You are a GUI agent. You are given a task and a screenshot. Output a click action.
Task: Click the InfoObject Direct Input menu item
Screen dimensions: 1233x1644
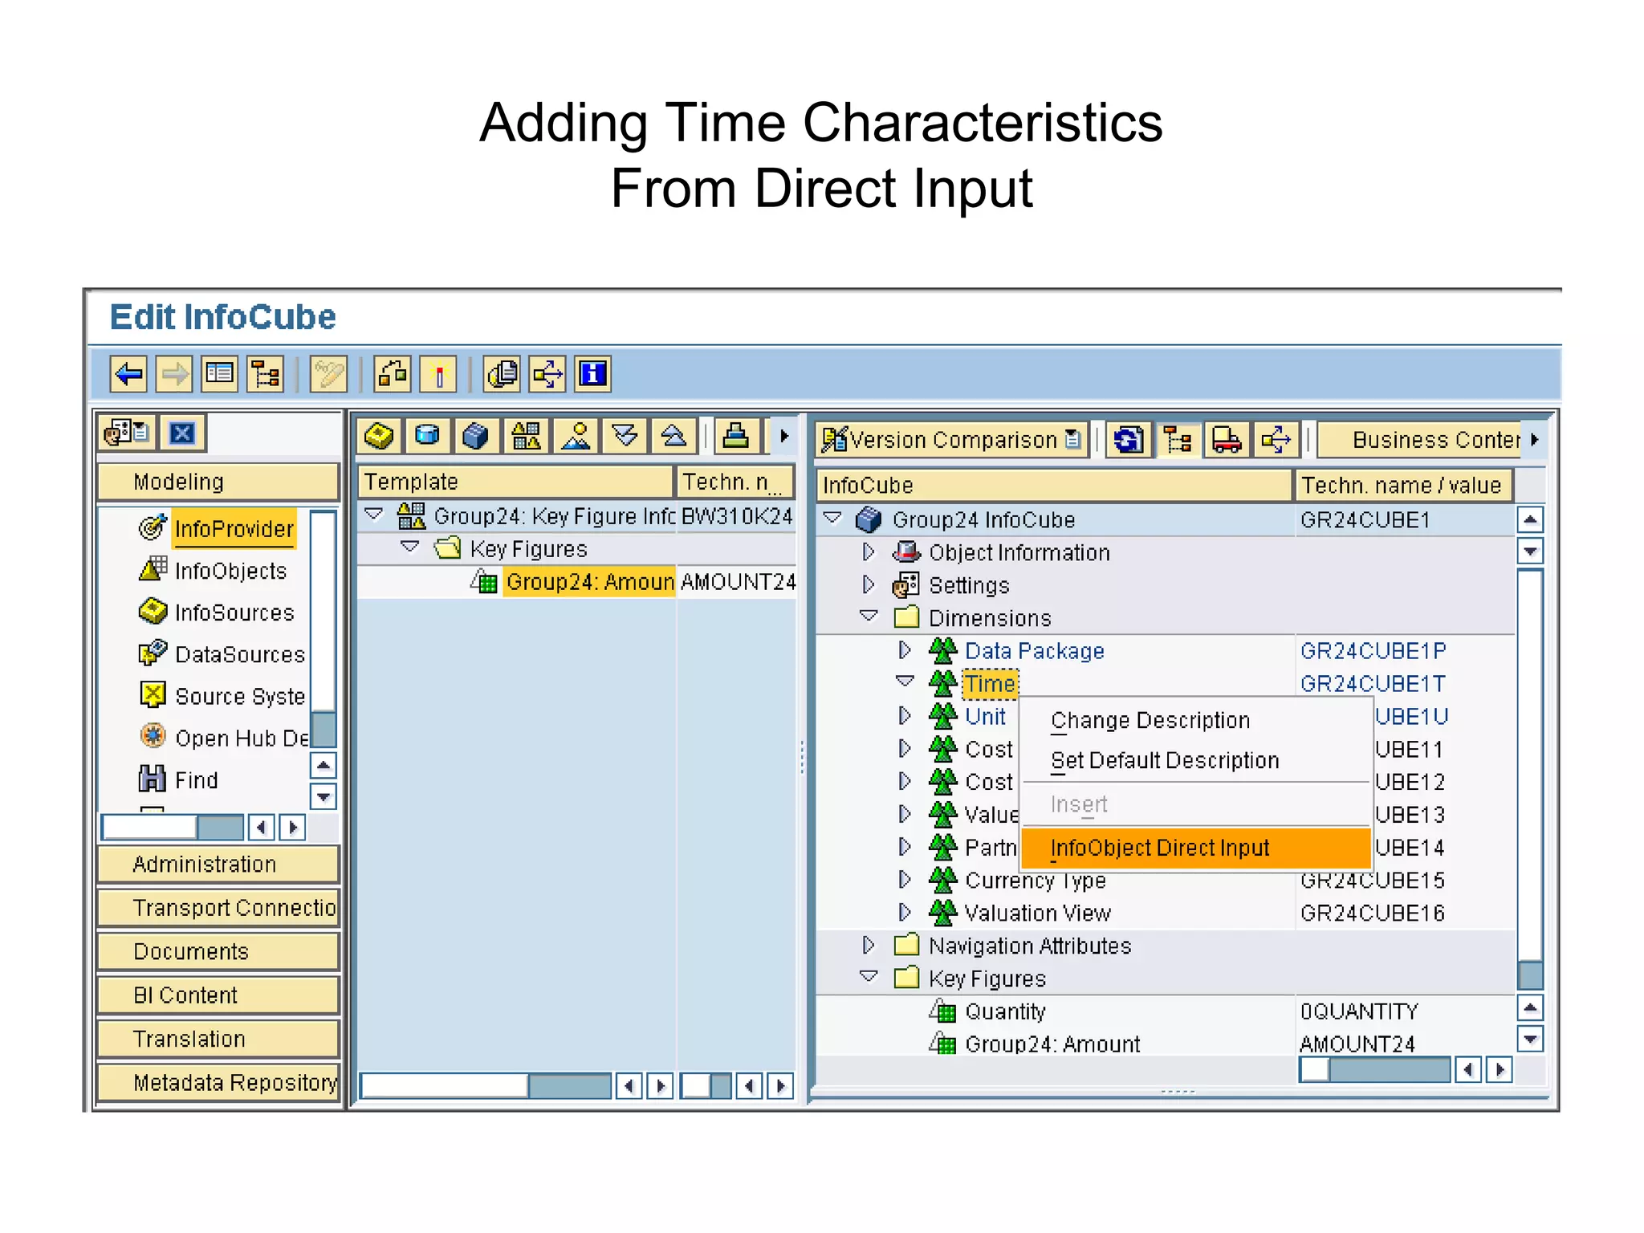pos(1159,848)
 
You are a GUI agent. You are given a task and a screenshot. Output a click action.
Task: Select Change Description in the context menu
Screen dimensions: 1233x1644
pos(1150,721)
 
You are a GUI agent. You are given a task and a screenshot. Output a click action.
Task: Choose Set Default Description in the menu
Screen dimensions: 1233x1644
pos(1164,760)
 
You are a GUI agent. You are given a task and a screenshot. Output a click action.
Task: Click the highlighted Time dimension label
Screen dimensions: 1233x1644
pos(990,684)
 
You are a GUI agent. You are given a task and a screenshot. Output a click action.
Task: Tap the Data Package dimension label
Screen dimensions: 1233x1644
pos(1034,651)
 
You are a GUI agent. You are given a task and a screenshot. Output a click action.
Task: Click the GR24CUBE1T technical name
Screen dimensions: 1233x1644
pos(1372,684)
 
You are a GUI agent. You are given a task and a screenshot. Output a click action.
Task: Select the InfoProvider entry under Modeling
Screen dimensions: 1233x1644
pos(234,529)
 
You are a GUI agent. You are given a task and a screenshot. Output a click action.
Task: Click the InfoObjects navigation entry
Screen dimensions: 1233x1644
pos(230,571)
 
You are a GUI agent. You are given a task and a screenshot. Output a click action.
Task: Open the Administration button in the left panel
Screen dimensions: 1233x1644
pos(204,865)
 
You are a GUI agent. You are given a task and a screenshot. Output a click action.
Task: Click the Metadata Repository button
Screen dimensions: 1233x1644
pos(234,1083)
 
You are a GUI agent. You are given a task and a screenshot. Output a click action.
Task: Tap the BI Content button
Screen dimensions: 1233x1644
pos(185,995)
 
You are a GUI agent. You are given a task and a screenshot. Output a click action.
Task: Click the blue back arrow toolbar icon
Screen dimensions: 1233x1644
pos(128,374)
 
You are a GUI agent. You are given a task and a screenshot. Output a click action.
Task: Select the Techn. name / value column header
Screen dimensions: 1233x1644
pos(1401,485)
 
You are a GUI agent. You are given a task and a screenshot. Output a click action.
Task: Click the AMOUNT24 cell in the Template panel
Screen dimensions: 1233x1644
pos(737,582)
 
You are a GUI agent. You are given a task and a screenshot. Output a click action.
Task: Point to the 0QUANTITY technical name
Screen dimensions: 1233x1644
pos(1359,1011)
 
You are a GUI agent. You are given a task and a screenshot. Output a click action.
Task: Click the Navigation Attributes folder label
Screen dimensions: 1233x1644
pos(1029,946)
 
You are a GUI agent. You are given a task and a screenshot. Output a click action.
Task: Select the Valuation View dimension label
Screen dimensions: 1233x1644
pos(1037,914)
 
